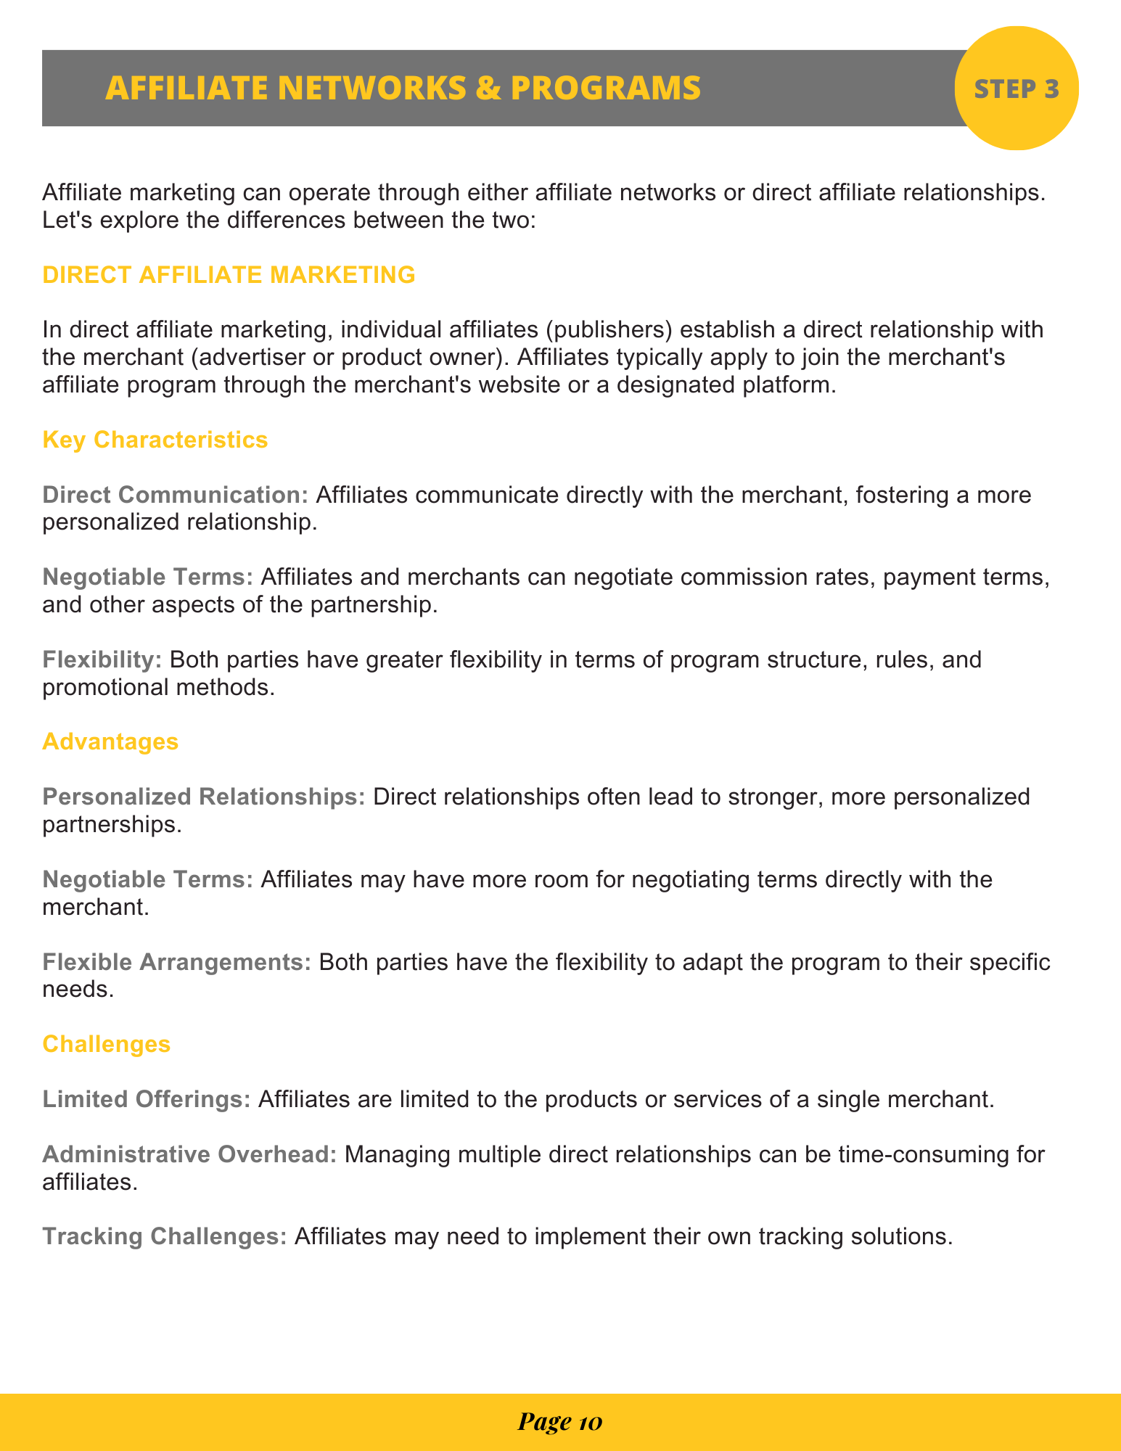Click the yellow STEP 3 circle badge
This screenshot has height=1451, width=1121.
(x=1016, y=89)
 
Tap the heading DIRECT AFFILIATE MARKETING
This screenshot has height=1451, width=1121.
(x=229, y=275)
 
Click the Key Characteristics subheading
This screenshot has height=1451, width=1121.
(x=155, y=440)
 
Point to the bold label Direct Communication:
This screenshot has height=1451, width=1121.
(x=176, y=495)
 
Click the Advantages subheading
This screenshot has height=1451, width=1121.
(x=110, y=741)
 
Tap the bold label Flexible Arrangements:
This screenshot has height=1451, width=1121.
(x=177, y=962)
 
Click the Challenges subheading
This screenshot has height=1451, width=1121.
(x=107, y=1044)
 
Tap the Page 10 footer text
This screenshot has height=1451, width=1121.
(x=559, y=1423)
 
